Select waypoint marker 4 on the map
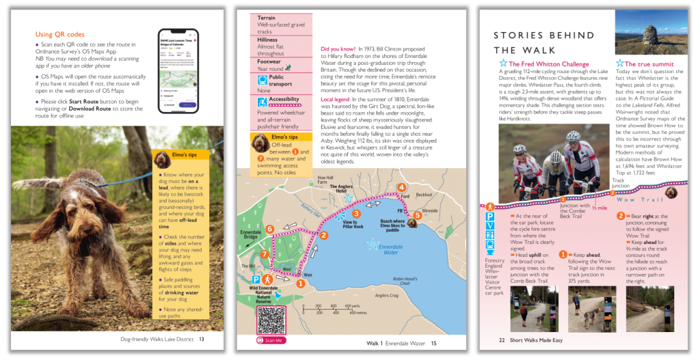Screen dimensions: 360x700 (x=401, y=188)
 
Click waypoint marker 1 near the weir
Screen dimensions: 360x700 (x=299, y=283)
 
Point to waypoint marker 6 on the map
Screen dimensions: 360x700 (x=269, y=230)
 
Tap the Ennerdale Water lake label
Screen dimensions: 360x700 (x=390, y=249)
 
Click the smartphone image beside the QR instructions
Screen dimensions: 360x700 (x=178, y=71)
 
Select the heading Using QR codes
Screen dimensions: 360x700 (x=60, y=34)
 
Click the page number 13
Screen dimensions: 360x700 (x=202, y=339)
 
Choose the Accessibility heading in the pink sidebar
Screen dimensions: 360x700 (x=284, y=100)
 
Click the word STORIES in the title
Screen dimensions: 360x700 (x=522, y=35)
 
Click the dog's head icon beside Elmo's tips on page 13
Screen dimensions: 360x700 (x=161, y=159)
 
